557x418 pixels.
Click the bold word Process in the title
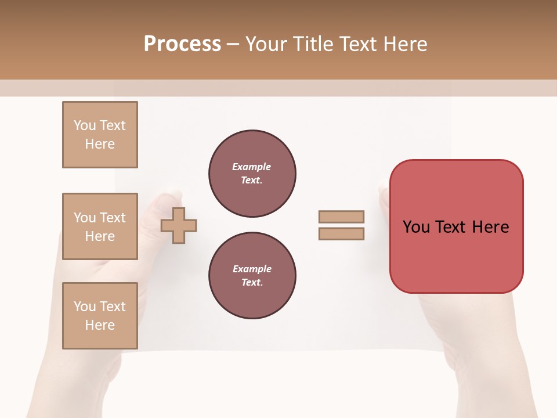(182, 44)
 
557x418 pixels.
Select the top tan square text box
(100, 135)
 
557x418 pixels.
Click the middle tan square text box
(100, 226)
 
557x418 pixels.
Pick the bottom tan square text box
(100, 316)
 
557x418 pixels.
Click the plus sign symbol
(179, 225)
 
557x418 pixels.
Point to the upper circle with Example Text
(252, 174)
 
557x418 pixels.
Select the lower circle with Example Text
(252, 276)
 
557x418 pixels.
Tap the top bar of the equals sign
(341, 217)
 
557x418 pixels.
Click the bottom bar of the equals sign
(341, 233)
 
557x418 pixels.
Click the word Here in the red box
(490, 227)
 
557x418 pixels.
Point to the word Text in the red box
(451, 227)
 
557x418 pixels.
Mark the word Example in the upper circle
(251, 167)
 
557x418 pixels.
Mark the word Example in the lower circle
(251, 269)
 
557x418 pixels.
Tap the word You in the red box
(416, 227)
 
